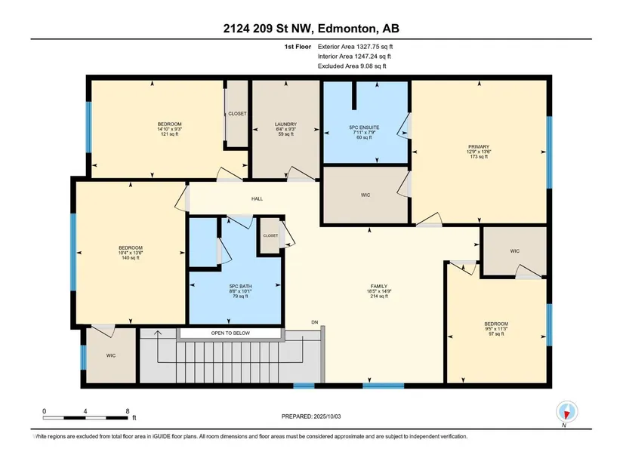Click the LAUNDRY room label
point(285,124)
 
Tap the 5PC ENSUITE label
point(364,128)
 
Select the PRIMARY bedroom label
point(479,146)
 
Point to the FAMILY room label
point(379,286)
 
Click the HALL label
point(257,198)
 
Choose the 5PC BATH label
point(240,287)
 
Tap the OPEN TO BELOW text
point(230,333)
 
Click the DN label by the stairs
point(315,322)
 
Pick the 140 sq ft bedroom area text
point(131,258)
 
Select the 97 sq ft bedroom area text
point(496,334)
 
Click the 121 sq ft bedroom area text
point(170,134)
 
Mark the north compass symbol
point(567,412)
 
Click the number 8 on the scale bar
point(128,411)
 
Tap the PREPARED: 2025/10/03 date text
point(311,416)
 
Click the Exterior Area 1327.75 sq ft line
point(355,47)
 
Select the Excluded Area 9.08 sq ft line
point(352,66)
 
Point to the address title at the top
point(311,28)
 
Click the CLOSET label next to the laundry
point(237,114)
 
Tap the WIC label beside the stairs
point(111,355)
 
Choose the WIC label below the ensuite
point(365,195)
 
